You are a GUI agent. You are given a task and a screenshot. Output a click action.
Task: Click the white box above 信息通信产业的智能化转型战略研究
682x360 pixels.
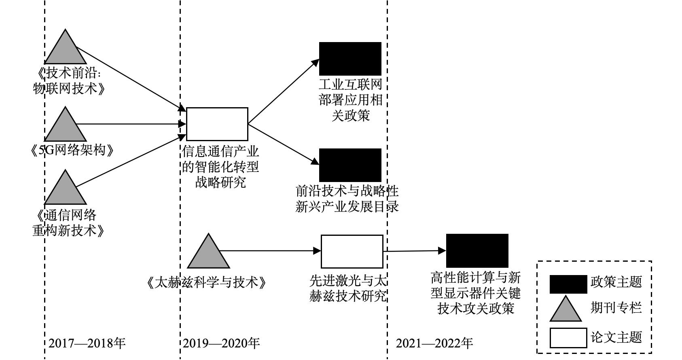217,124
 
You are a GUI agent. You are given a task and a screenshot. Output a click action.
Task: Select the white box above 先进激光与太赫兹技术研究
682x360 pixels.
352,251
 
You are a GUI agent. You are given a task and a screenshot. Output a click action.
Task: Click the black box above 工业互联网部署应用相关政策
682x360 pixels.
350,59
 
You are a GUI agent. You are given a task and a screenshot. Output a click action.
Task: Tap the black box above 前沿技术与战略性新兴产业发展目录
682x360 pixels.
350,165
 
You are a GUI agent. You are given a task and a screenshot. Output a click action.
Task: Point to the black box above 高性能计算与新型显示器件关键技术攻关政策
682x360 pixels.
477,250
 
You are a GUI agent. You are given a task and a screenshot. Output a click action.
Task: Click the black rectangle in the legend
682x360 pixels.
568,284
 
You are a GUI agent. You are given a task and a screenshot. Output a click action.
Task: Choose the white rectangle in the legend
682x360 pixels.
568,338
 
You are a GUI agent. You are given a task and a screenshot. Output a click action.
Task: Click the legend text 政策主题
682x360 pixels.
616,282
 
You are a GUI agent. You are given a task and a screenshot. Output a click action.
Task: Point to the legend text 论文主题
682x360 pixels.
616,337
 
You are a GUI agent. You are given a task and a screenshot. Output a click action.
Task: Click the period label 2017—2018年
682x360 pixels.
87,343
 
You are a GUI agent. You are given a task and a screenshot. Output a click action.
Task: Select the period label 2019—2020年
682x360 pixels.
221,343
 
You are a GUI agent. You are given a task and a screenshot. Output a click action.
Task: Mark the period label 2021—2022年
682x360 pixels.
434,343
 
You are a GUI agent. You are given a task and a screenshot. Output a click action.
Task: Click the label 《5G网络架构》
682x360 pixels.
72,150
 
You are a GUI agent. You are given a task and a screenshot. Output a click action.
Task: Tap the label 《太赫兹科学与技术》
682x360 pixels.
207,282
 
